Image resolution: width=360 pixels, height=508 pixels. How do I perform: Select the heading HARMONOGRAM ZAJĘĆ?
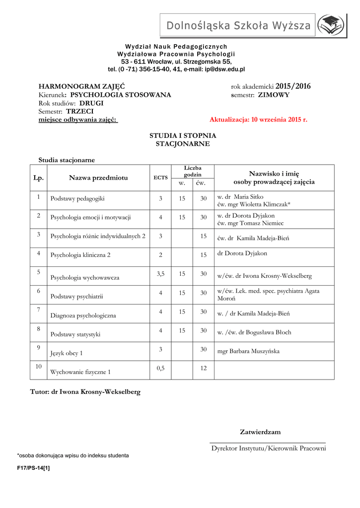[x=81, y=86]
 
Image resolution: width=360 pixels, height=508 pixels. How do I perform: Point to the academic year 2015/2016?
[x=292, y=86]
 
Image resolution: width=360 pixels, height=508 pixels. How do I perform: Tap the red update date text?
[x=258, y=120]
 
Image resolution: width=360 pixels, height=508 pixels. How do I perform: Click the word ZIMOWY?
[x=274, y=95]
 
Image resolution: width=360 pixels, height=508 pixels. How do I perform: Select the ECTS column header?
[x=160, y=178]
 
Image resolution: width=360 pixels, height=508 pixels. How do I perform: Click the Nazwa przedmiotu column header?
[x=98, y=178]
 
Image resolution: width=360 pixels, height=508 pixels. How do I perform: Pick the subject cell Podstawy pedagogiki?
[x=77, y=198]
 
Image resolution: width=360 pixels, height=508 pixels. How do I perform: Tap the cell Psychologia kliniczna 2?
[x=80, y=255]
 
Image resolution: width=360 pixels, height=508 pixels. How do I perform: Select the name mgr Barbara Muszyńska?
[x=248, y=351]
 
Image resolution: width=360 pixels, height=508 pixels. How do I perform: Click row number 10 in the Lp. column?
[x=38, y=367]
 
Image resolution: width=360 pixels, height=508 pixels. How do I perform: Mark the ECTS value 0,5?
[x=160, y=368]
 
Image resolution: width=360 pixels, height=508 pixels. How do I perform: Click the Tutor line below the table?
[x=85, y=391]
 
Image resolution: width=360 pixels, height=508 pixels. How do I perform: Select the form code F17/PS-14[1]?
[x=34, y=467]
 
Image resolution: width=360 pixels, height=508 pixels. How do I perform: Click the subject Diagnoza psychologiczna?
[x=83, y=316]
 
